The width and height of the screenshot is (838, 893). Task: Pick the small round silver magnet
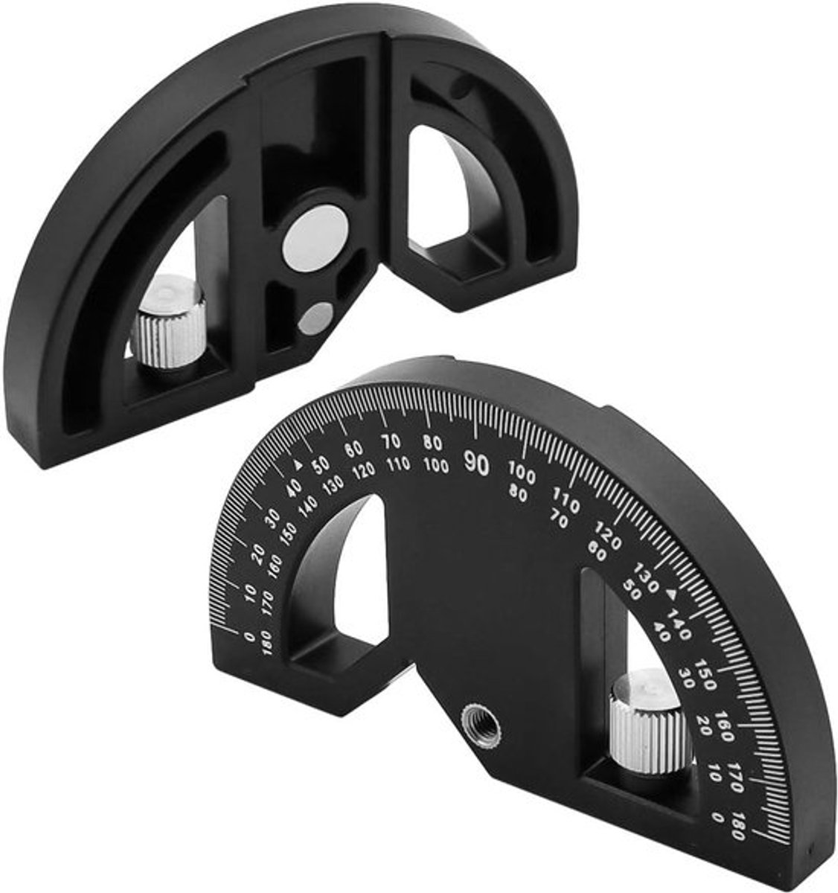point(316,319)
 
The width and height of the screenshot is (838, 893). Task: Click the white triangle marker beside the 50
point(298,463)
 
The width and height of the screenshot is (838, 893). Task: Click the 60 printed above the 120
point(353,449)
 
